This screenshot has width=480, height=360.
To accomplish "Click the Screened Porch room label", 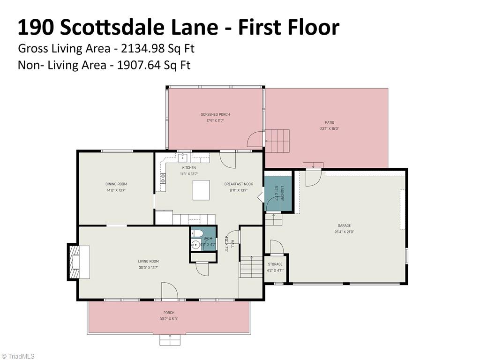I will pos(215,114).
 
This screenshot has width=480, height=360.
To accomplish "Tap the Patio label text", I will pos(329,122).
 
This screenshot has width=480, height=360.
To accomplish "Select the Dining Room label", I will pos(116,184).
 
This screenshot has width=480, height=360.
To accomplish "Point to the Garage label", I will pos(344,225).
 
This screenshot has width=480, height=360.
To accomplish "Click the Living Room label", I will pos(148,262).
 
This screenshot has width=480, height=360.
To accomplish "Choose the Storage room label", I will pos(275,264).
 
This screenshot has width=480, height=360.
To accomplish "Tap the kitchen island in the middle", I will pos(201,189).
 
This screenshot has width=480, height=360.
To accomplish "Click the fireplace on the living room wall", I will pos(78,262).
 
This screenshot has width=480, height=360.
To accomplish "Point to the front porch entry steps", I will pos(170,340).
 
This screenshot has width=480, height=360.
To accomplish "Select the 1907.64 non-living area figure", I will pos(137,65).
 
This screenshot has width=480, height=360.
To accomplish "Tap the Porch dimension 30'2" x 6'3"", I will pos(169,319).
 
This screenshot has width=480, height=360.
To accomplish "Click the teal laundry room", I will pos(278,193).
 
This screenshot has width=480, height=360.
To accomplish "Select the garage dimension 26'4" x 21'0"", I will pos(344,232).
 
